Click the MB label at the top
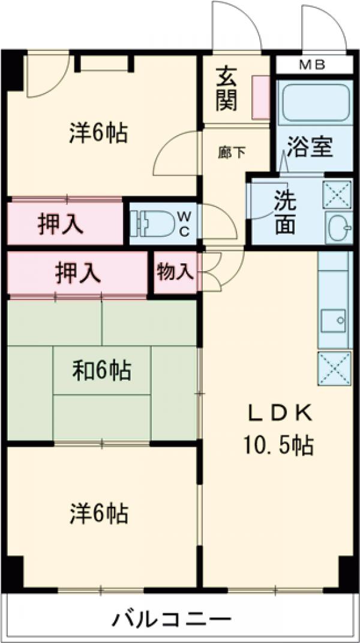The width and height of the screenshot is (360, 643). tap(314, 65)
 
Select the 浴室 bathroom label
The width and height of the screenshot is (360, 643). tap(309, 146)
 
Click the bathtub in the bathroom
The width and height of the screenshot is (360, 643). tap(314, 103)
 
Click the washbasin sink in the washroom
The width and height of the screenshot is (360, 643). tap(337, 227)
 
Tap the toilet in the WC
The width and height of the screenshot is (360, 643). tap(151, 223)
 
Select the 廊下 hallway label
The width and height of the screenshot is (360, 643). tap(231, 152)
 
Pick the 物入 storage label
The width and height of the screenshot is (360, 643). tap(175, 273)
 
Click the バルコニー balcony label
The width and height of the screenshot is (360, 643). tap(171, 618)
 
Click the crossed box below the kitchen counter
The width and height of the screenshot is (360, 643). tap(334, 368)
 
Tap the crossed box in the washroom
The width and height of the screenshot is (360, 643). tap(337, 194)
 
